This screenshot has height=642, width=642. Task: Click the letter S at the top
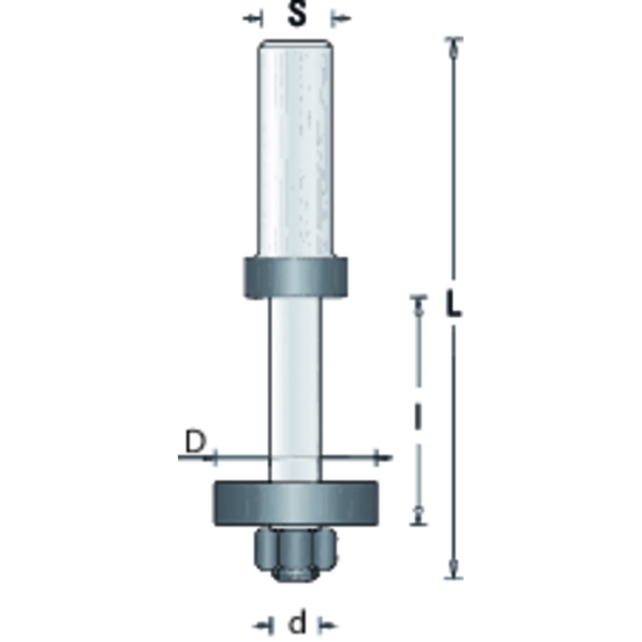click(x=297, y=15)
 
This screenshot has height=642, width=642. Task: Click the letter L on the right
click(x=453, y=303)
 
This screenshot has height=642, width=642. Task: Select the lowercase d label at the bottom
click(x=297, y=623)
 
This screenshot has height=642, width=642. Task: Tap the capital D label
click(x=195, y=442)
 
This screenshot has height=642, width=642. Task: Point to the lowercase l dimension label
click(x=418, y=417)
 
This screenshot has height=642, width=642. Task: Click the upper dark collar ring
click(x=296, y=277)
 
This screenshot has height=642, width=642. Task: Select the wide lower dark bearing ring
click(x=295, y=503)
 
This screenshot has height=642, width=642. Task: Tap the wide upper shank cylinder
click(x=295, y=148)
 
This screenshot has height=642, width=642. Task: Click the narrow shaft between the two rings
click(x=295, y=389)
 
